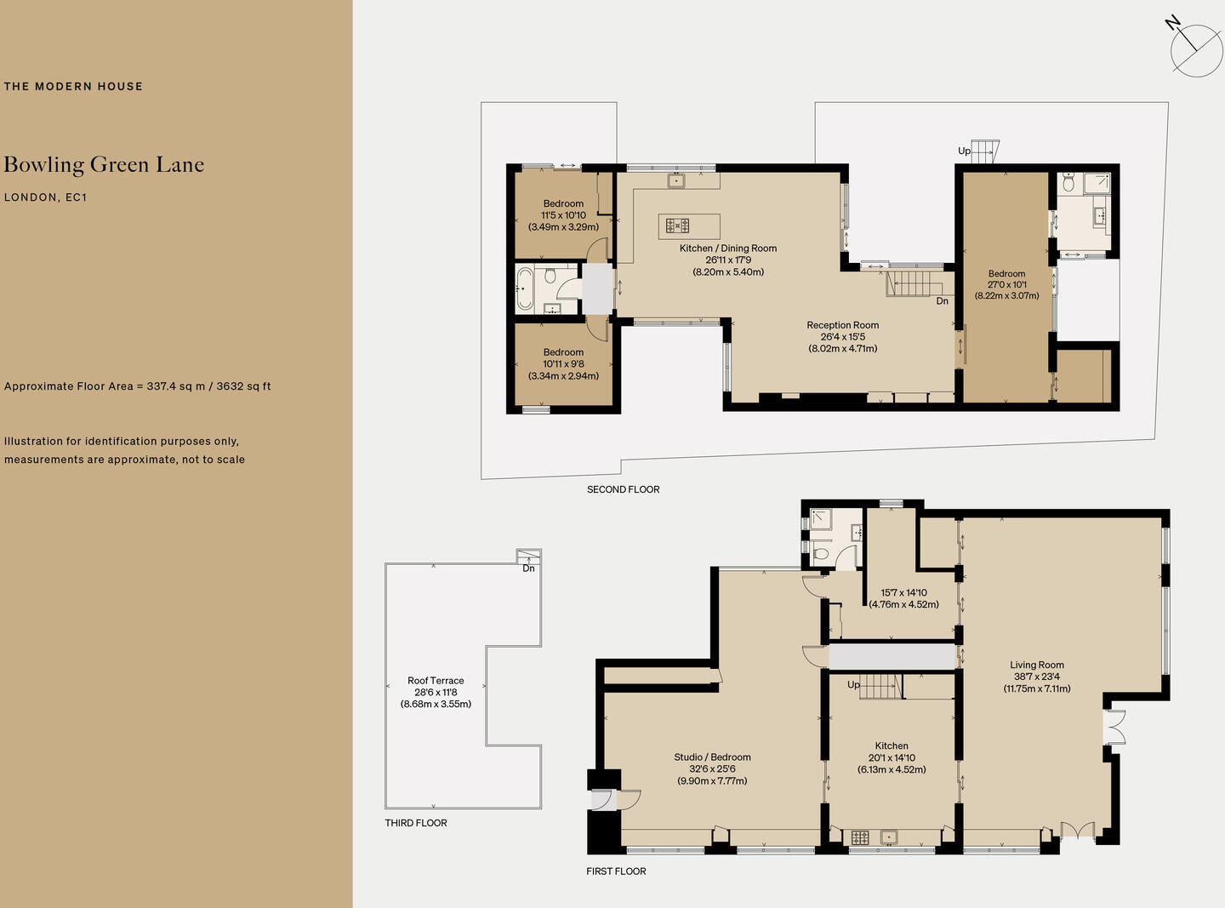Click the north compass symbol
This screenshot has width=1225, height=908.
pyautogui.click(x=1195, y=49)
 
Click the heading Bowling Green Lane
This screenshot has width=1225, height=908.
pyautogui.click(x=104, y=165)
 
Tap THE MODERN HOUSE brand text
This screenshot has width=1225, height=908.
pyautogui.click(x=73, y=86)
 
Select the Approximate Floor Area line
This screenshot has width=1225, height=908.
pyautogui.click(x=137, y=386)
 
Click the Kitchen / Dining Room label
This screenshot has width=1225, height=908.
pyautogui.click(x=728, y=248)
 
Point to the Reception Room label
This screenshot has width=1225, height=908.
pyautogui.click(x=842, y=325)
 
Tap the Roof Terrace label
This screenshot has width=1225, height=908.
pyautogui.click(x=436, y=681)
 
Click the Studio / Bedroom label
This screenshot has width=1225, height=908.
pyautogui.click(x=712, y=757)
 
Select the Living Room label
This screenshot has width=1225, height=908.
pyautogui.click(x=1037, y=665)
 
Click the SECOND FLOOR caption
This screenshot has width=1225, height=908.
pyautogui.click(x=623, y=489)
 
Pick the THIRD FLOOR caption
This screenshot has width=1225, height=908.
pyautogui.click(x=415, y=823)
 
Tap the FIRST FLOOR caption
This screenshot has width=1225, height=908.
pyautogui.click(x=616, y=871)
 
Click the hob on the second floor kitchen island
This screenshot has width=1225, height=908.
pyautogui.click(x=677, y=226)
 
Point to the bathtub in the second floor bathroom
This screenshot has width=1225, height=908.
pyautogui.click(x=524, y=288)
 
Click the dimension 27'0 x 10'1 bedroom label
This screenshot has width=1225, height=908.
pyautogui.click(x=1006, y=285)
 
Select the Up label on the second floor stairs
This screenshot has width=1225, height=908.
pyautogui.click(x=964, y=151)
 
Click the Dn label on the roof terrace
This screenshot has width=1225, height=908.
pyautogui.click(x=528, y=568)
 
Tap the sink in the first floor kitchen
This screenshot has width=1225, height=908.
pyautogui.click(x=889, y=837)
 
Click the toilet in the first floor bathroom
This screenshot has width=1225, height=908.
pyautogui.click(x=820, y=554)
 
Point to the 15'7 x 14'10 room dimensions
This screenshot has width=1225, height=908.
pyautogui.click(x=903, y=593)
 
